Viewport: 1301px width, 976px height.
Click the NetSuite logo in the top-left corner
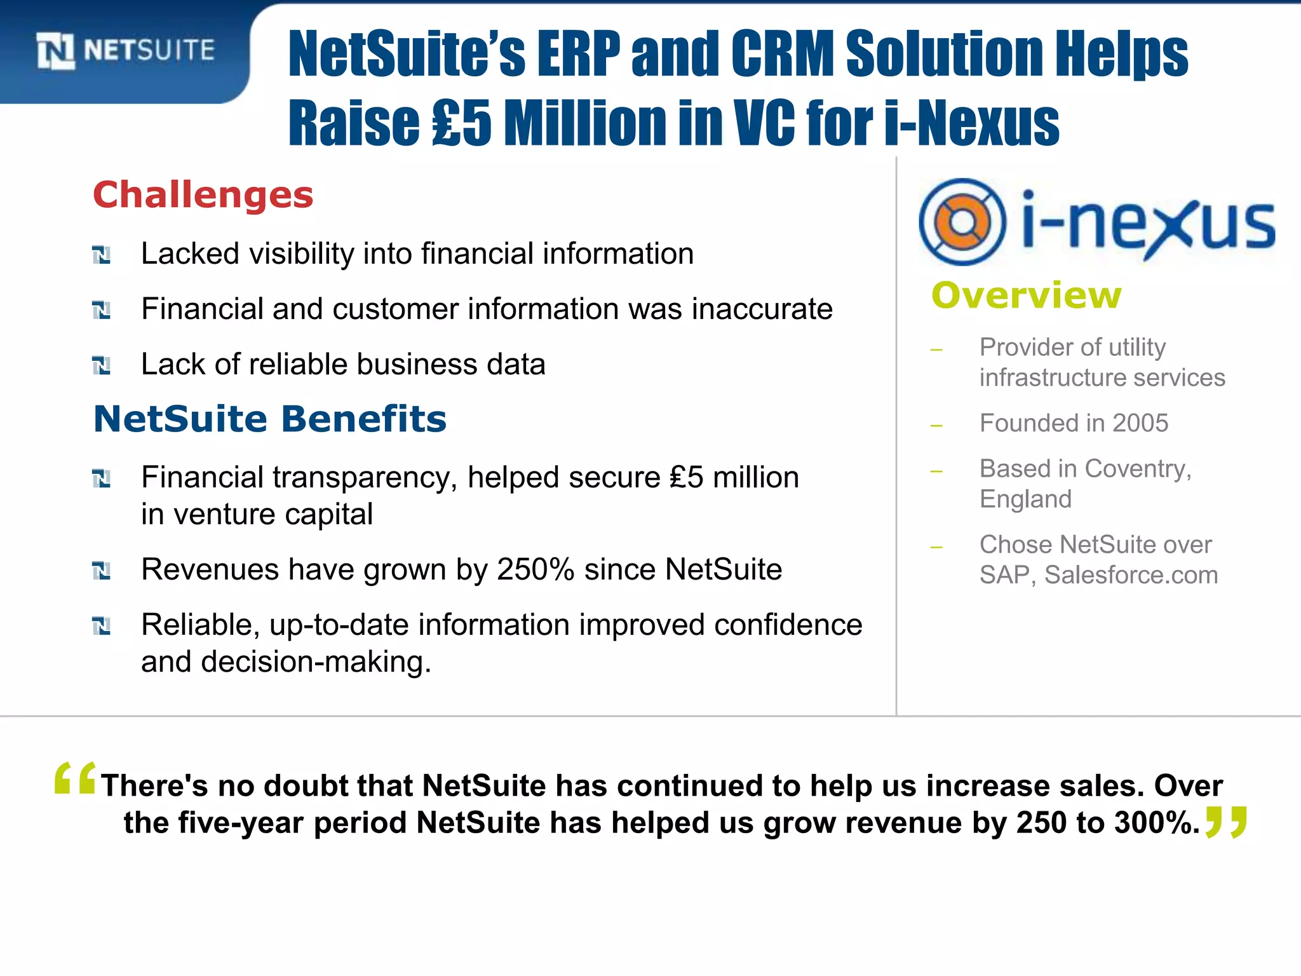point(126,51)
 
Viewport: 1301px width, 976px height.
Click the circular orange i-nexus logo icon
point(962,222)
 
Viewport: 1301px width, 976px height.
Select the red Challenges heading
point(203,194)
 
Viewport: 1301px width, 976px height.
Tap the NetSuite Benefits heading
point(270,419)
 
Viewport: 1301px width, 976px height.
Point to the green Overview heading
point(1027,295)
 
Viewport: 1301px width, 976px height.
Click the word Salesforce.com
point(1131,575)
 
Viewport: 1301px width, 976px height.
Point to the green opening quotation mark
point(75,778)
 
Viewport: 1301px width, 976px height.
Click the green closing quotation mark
point(1226,822)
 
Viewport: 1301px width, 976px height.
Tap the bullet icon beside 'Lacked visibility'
point(102,255)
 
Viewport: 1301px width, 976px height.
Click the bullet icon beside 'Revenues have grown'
point(102,571)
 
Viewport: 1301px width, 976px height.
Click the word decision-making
point(316,662)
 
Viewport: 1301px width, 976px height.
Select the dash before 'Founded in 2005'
point(936,425)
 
